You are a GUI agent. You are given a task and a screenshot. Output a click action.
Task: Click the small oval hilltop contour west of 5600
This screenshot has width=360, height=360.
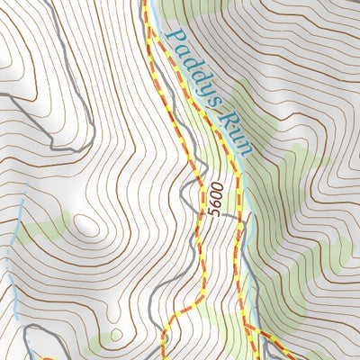[87, 225]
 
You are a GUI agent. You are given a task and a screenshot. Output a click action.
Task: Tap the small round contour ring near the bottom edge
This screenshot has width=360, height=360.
[115, 337]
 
